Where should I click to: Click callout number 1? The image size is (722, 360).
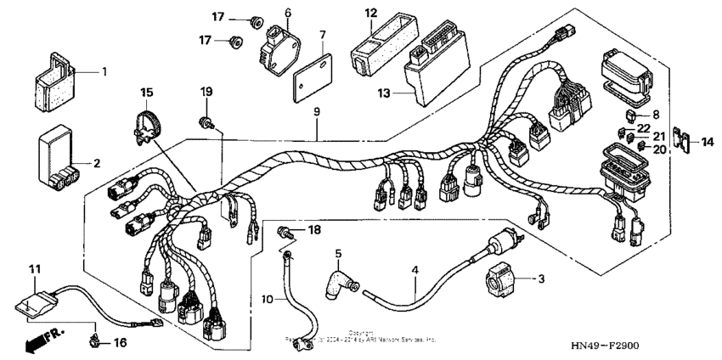(x=104, y=72)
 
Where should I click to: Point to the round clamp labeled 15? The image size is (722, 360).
(x=148, y=121)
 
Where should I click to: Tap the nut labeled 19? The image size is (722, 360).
(x=206, y=121)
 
